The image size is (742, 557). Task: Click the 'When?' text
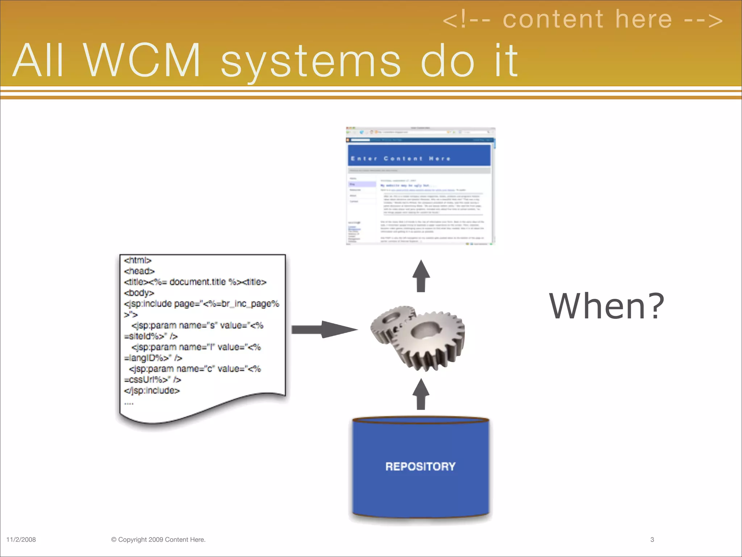pos(606,306)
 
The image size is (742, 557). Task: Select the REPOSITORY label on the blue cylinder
pos(420,466)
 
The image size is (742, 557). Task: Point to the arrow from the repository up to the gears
pos(421,395)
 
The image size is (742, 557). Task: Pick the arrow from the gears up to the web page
pos(421,276)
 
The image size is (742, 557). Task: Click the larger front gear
pos(428,339)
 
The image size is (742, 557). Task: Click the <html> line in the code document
pos(138,260)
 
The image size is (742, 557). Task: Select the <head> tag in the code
pos(139,271)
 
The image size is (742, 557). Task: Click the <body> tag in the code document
pos(139,293)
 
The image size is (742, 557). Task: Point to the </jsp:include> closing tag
pos(152,391)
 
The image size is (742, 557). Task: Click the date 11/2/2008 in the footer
pos(21,540)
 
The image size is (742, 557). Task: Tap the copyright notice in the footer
pos(158,540)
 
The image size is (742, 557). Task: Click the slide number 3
pos(652,540)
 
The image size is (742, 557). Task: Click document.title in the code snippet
pos(197,282)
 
